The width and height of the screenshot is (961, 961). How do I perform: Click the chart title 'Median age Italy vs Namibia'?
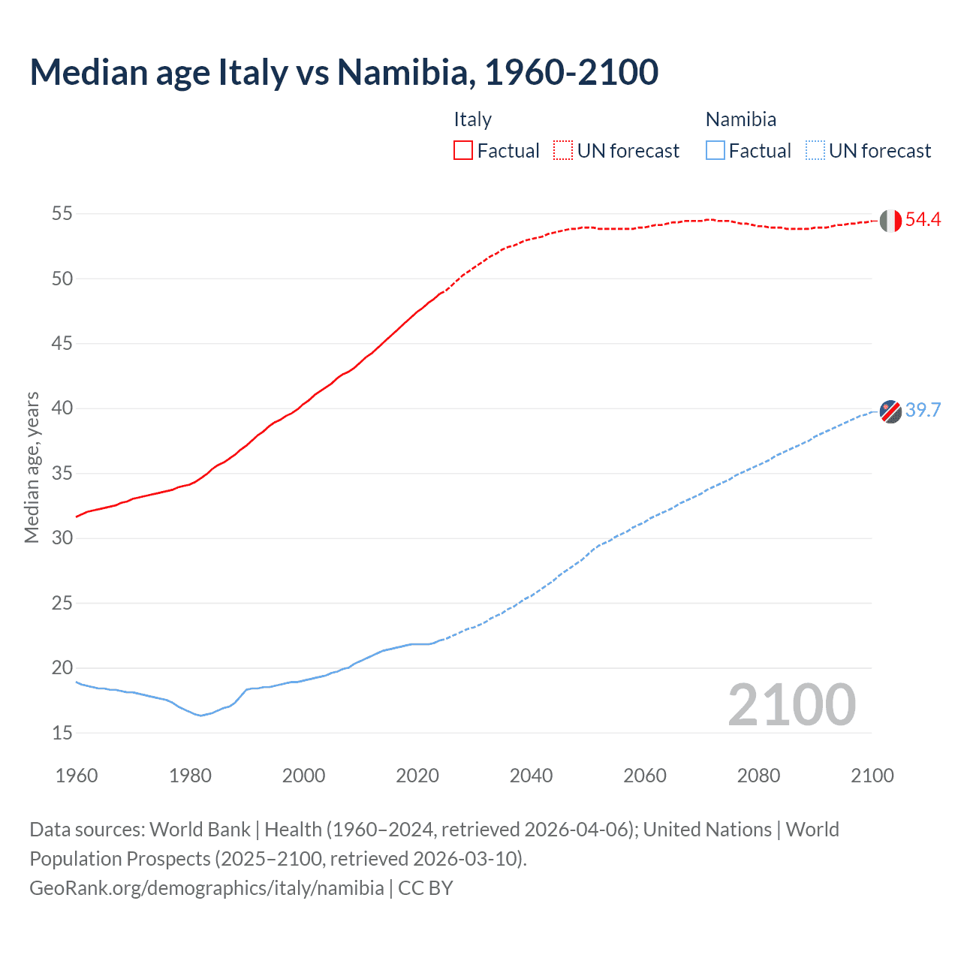[x=344, y=72]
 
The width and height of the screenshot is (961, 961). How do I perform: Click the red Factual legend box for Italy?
[x=463, y=150]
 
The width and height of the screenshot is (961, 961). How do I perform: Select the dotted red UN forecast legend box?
[x=563, y=150]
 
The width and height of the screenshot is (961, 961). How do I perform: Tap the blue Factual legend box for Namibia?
[x=715, y=150]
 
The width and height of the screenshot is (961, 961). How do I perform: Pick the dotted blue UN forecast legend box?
[x=815, y=150]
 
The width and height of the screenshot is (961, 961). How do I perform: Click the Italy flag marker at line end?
[x=890, y=221]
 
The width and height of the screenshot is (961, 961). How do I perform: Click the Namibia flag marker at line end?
[x=890, y=411]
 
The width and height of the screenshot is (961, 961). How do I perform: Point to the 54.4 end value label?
[x=923, y=219]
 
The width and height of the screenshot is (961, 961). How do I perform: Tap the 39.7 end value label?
[x=923, y=410]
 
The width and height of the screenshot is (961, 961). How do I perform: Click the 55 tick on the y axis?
[x=62, y=214]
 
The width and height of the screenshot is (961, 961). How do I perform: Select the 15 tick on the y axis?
[x=62, y=733]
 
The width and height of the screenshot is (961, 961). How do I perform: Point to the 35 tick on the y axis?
[x=62, y=474]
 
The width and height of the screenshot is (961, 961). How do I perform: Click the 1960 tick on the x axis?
[x=77, y=776]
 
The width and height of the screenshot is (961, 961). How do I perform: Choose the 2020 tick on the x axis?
[x=417, y=776]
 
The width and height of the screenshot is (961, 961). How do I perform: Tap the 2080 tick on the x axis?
[x=758, y=776]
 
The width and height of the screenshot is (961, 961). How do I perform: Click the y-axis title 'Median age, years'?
[x=32, y=467]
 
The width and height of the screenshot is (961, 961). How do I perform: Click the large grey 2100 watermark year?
[x=791, y=705]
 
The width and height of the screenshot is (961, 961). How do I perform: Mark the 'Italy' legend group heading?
[x=472, y=119]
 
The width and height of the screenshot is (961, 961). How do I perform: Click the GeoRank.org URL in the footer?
[x=206, y=888]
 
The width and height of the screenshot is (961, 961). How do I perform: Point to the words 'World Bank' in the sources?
[x=200, y=830]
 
